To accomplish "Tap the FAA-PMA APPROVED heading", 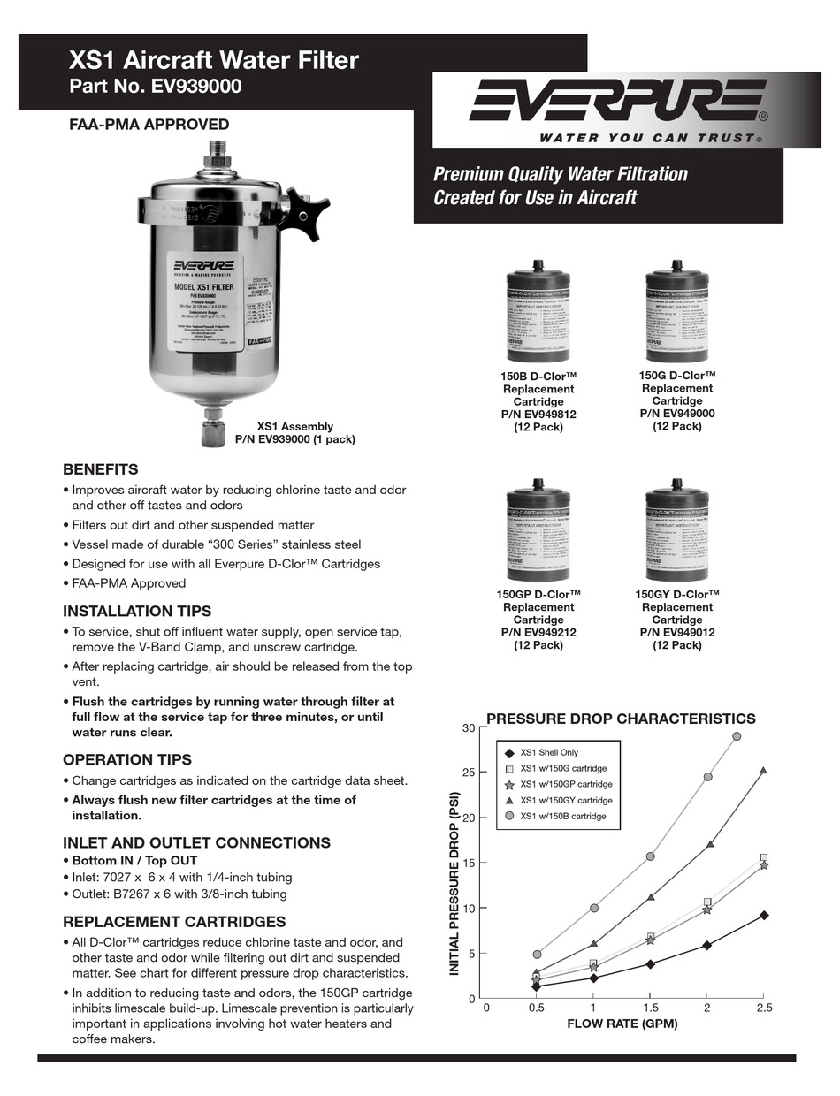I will coord(149,125).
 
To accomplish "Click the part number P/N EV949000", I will coord(676,413).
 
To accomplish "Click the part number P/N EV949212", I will coord(538,633).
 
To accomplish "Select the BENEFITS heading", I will coord(100,469).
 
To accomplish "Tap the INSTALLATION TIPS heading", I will coord(137,611).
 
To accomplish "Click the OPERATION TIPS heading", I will coord(126,759).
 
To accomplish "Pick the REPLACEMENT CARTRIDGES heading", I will coord(174,921).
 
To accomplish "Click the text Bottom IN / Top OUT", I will coord(134,860).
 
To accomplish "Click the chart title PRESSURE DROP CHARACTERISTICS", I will coord(621,719).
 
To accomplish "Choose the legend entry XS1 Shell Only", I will coord(548,753).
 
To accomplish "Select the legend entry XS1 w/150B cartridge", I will coord(562,816).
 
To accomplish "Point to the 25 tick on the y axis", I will coord(469,773).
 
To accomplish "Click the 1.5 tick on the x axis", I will coord(650,1008).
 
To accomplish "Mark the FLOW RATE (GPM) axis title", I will coord(622,1024).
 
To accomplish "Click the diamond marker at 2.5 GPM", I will coord(763,916).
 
